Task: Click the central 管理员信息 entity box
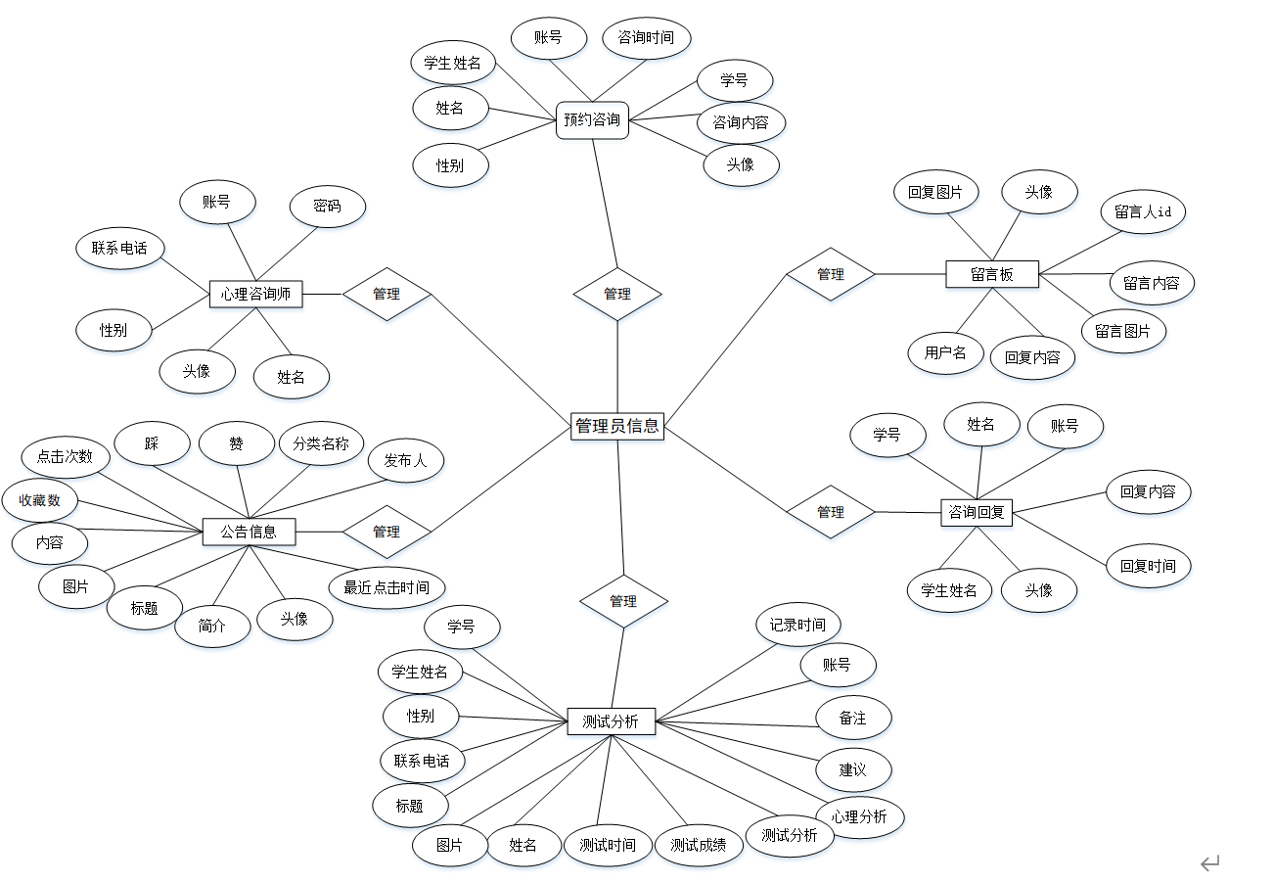point(617,426)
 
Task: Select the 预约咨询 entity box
point(592,120)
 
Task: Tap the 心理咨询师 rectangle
point(256,294)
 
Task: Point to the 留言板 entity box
point(992,274)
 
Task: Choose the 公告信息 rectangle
point(249,532)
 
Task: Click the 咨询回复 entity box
point(977,511)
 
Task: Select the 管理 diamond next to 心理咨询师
point(386,294)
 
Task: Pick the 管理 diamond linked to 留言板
point(831,274)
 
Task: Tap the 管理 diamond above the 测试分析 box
point(623,601)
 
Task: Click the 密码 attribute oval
point(328,207)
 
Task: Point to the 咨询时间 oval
point(646,38)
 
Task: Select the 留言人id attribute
point(1143,211)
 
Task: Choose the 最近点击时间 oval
point(386,587)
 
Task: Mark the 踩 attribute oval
point(152,443)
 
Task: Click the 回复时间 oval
point(1148,566)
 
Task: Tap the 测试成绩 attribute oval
point(699,845)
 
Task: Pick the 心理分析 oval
point(860,816)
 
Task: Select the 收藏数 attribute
point(39,500)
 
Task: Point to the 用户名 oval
point(945,352)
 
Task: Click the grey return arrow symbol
point(1210,862)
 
